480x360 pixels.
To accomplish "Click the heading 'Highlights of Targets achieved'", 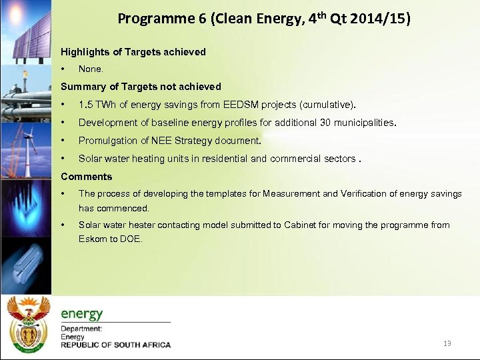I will pos(133,51).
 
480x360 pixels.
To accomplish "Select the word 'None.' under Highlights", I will pos(91,69).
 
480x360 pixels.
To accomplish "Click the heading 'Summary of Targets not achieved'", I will pos(141,86).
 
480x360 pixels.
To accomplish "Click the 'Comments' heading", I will pos(87,177).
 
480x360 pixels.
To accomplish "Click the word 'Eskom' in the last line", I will pos(92,239).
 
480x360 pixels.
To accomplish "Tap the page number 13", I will pos(447,343).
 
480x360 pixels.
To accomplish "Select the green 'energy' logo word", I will pos(82,313).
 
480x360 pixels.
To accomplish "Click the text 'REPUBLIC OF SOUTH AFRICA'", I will pos(116,345).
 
